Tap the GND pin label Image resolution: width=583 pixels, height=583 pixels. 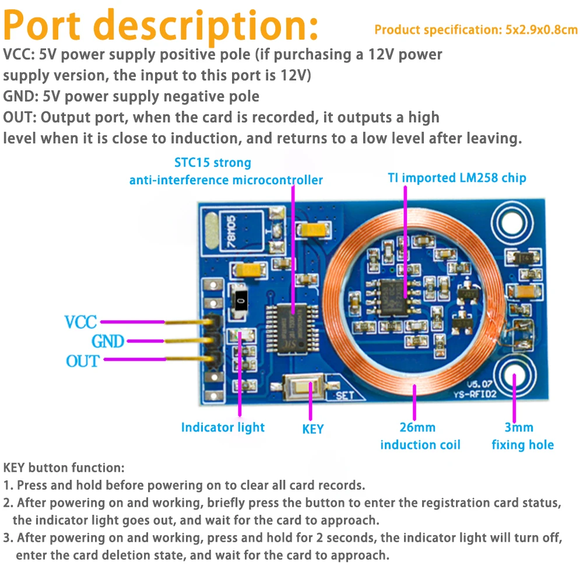tap(108, 341)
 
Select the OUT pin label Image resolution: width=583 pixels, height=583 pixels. tap(82, 361)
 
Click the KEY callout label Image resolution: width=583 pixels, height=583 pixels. tap(312, 429)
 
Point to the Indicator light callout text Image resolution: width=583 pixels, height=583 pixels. tap(223, 427)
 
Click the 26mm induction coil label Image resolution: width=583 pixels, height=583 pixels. tap(420, 436)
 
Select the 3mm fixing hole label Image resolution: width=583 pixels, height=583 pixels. tap(522, 436)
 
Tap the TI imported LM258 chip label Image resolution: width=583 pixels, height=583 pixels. tap(456, 178)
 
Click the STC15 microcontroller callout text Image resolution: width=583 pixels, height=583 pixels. tap(226, 171)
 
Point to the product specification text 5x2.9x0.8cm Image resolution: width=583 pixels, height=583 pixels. tap(475, 30)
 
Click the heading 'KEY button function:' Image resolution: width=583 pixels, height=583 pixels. tap(64, 468)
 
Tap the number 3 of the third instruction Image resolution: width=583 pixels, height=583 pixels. tap(7, 538)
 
